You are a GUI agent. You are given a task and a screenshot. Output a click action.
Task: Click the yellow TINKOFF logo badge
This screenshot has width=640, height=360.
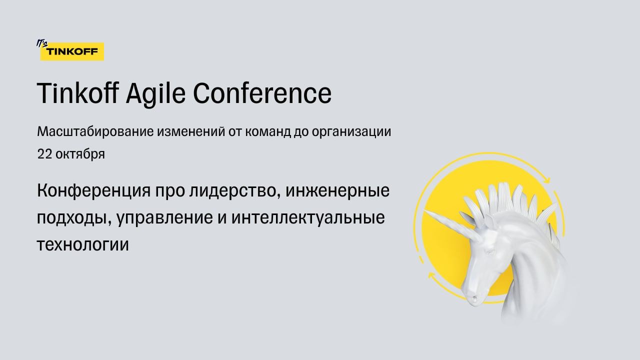[72, 51]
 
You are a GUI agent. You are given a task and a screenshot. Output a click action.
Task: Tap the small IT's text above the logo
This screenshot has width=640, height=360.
[41, 43]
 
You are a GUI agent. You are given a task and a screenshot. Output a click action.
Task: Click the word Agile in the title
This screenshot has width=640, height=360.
[155, 93]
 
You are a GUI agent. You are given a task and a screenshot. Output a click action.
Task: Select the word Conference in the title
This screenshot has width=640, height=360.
[262, 93]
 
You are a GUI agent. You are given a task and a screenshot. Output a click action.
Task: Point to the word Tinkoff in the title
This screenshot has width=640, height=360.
[77, 93]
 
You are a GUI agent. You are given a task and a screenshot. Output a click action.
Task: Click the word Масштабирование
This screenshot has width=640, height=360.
[95, 131]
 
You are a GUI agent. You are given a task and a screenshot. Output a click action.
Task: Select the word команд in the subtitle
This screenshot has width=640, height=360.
[267, 132]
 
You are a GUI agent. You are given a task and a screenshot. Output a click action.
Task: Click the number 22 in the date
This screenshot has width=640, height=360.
[44, 154]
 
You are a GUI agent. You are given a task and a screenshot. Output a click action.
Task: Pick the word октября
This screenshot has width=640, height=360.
[80, 154]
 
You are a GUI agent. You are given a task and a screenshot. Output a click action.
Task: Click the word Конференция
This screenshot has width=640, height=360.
[93, 191]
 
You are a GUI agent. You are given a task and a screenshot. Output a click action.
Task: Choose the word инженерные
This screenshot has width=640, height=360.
[337, 191]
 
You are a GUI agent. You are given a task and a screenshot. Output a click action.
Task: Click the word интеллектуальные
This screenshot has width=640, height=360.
[308, 217]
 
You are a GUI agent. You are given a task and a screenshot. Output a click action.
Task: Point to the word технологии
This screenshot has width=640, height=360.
[83, 245]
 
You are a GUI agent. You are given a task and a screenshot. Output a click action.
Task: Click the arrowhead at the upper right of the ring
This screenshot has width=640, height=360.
[547, 179]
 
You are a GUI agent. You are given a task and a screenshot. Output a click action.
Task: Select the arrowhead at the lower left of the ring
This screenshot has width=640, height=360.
[431, 275]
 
